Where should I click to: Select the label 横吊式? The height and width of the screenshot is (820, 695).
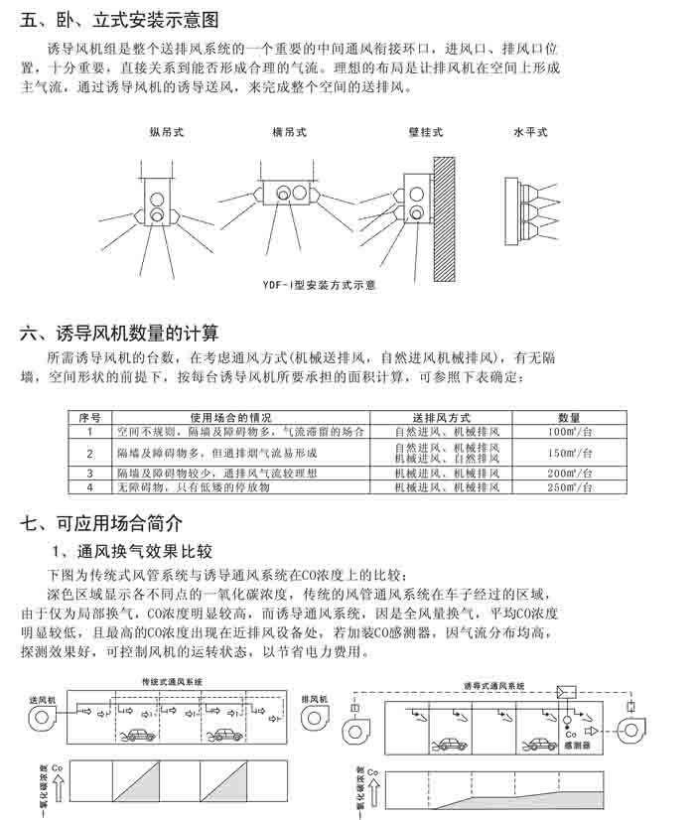290,132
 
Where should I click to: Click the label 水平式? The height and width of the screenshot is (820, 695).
530,132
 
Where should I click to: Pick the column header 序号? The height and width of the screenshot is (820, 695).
89,418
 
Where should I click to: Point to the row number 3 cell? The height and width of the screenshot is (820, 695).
89,474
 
